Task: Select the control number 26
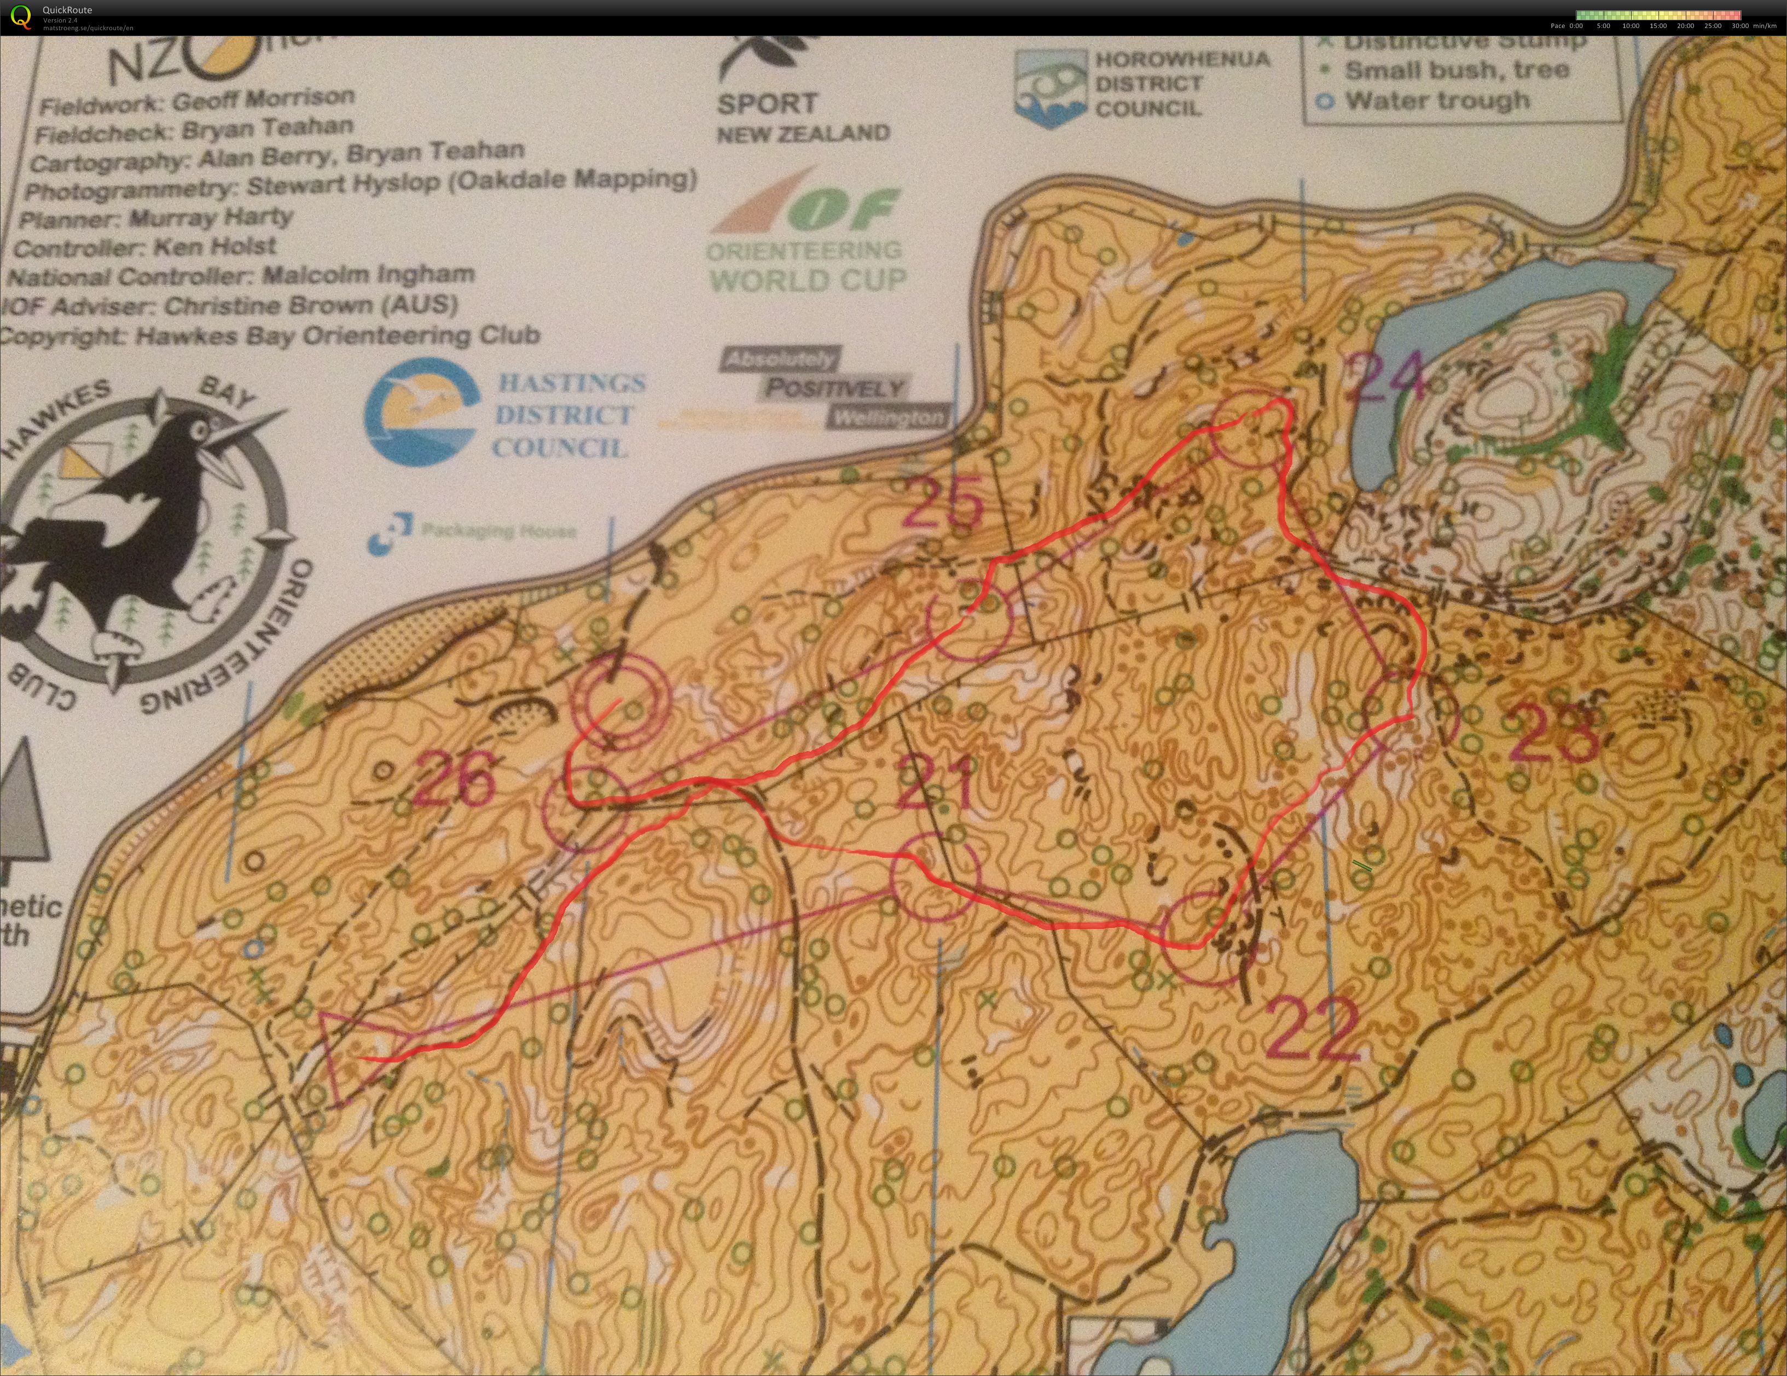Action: tap(455, 779)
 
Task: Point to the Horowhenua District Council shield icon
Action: tap(1050, 88)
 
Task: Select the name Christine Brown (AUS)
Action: tap(310, 306)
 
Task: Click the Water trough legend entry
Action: tap(1436, 101)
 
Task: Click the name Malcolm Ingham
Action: tap(368, 274)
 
